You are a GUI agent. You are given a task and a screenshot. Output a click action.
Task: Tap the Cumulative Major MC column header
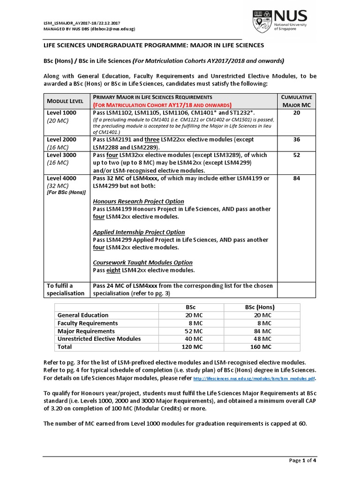(296, 100)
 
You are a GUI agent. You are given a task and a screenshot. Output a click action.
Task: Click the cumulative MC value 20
(296, 113)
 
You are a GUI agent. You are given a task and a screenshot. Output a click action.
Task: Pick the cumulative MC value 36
(296, 140)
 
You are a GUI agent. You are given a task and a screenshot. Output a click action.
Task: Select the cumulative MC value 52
(296, 155)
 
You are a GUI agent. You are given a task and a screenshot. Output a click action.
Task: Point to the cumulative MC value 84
(296, 179)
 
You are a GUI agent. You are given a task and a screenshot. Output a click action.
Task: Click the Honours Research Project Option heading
(138, 202)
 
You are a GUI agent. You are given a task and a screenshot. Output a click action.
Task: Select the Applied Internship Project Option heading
(139, 232)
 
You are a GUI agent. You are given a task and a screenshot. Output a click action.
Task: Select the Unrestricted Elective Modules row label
(99, 339)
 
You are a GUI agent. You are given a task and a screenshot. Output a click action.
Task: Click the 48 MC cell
(262, 339)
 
